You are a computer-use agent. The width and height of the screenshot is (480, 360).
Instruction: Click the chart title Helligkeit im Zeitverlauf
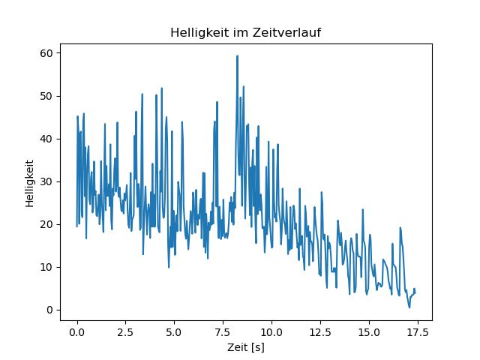(246, 32)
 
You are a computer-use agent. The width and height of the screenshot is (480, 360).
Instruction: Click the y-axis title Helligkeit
(29, 181)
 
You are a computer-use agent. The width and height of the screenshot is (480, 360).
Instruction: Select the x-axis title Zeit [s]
(246, 347)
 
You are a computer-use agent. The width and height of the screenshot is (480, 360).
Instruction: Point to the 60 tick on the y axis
(46, 53)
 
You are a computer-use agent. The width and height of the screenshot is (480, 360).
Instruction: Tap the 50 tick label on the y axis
(46, 96)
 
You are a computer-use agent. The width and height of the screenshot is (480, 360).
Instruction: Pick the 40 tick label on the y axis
(46, 139)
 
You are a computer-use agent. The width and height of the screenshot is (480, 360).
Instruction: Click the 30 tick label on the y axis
(46, 181)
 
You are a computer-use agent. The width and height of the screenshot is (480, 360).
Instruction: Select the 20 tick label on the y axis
(46, 224)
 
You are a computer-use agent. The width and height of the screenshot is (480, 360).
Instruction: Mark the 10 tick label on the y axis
(46, 267)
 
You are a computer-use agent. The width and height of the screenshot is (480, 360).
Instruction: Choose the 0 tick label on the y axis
(49, 310)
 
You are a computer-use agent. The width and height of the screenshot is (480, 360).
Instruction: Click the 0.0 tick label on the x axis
(76, 331)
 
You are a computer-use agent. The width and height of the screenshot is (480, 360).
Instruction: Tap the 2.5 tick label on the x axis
(125, 331)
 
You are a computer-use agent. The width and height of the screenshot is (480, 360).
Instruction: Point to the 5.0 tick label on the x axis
(174, 331)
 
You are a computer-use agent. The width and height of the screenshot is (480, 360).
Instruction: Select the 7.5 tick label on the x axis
(223, 331)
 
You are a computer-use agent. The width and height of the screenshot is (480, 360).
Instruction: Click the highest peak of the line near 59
(237, 56)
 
